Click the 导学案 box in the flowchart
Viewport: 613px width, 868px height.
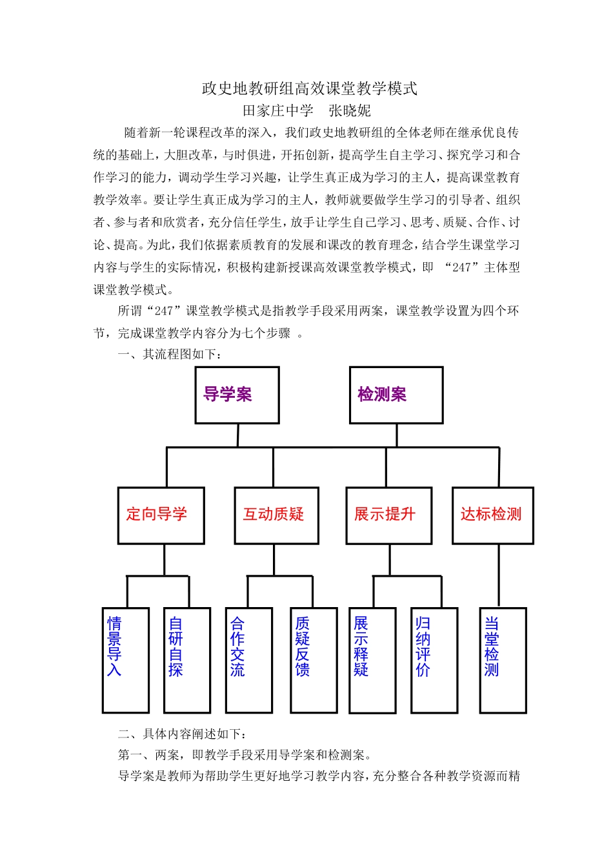(x=237, y=395)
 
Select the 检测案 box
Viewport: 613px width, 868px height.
(x=396, y=395)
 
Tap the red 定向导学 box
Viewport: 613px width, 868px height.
(x=161, y=515)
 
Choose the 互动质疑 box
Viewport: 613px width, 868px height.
(x=276, y=515)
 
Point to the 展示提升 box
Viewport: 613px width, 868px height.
(x=388, y=515)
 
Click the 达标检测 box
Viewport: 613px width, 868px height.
(x=492, y=515)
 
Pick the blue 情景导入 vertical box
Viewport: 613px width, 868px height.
(x=125, y=660)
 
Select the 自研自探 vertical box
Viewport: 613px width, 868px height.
(x=186, y=660)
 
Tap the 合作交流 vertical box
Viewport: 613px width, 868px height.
(x=248, y=660)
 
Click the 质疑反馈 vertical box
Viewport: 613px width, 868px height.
(x=313, y=660)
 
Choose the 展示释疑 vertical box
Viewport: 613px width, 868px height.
(x=372, y=660)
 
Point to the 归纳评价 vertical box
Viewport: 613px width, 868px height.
(x=434, y=660)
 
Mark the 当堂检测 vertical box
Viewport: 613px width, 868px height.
(x=503, y=660)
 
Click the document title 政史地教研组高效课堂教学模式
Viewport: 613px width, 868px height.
(x=310, y=88)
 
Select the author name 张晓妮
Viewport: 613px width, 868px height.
(x=350, y=110)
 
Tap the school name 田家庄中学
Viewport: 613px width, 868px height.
(x=277, y=110)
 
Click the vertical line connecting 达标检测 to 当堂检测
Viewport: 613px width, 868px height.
(x=499, y=575)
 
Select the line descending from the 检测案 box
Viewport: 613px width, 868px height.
(x=396, y=435)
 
